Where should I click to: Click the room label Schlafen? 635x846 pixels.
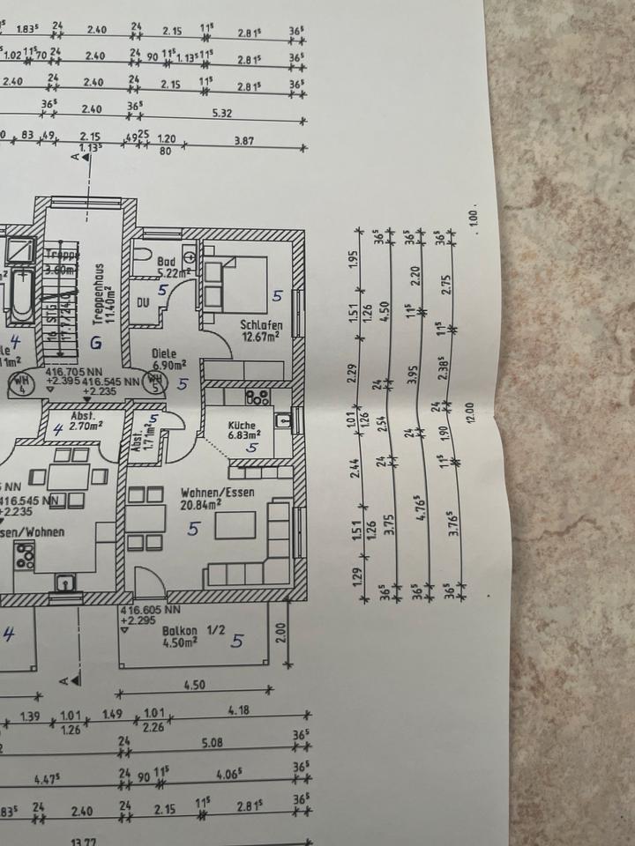[260, 324]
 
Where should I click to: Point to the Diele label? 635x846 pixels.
[165, 353]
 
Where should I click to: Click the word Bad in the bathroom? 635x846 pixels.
[167, 262]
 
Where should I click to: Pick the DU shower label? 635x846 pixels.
[145, 302]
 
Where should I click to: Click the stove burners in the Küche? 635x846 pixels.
[259, 397]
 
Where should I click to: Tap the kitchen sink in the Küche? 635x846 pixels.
[283, 421]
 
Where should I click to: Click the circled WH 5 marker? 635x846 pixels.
[156, 382]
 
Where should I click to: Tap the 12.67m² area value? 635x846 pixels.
[260, 336]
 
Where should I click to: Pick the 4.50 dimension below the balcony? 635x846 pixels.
[194, 684]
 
